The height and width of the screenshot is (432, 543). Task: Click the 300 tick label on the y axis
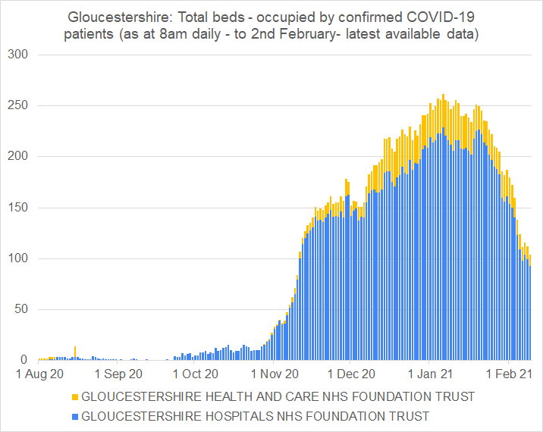17,55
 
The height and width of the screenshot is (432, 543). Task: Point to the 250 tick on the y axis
17,106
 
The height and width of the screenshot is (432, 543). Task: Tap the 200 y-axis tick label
17,157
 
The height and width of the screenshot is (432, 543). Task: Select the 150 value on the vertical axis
17,208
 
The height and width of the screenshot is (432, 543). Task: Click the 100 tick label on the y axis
17,258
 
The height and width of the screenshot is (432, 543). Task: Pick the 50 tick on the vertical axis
20,309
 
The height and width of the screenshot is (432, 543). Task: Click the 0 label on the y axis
24,360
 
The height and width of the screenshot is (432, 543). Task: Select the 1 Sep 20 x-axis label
118,374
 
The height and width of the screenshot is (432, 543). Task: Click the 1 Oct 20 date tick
195,374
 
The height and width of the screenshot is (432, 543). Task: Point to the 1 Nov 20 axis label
275,374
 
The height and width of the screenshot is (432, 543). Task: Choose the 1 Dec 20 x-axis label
350,374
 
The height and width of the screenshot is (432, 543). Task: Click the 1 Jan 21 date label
429,374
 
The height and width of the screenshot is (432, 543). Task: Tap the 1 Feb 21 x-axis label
507,374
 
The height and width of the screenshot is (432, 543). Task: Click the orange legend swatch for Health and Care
74,396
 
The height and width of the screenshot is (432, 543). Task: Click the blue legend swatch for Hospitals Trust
74,416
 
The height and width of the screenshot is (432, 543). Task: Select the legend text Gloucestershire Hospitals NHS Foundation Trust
255,416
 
